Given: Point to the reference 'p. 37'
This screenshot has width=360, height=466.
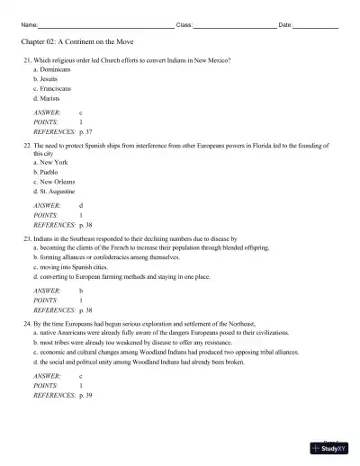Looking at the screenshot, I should click(x=88, y=132).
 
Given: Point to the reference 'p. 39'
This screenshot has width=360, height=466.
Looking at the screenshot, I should click(x=88, y=394).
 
